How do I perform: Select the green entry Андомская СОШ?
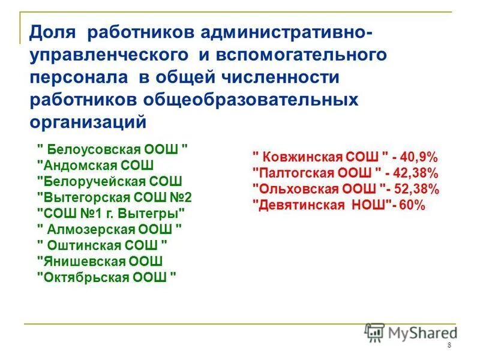point(96,166)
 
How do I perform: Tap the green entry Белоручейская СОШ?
point(109,181)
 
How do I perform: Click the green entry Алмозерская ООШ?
point(109,229)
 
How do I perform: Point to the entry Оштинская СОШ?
point(102,245)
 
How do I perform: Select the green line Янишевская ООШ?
point(100,261)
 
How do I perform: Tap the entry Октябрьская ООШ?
point(107,277)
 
